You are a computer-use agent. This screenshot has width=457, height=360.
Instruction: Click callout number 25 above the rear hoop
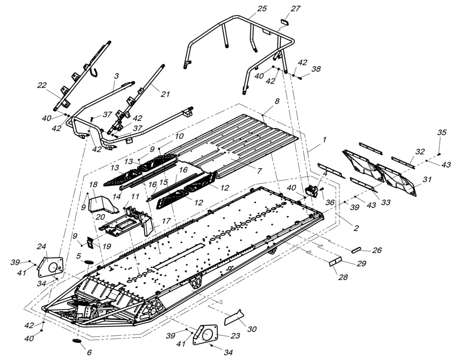[262, 8]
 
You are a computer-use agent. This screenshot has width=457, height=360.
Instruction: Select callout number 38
[316, 69]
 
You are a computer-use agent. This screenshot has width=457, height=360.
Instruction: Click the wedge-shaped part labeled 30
[234, 316]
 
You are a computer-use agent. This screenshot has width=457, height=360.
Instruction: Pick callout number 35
[441, 132]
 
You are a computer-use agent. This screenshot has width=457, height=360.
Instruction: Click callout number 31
[427, 179]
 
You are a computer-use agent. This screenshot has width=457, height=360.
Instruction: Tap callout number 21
[166, 94]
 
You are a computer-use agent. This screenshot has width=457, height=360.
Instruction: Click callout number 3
[116, 76]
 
